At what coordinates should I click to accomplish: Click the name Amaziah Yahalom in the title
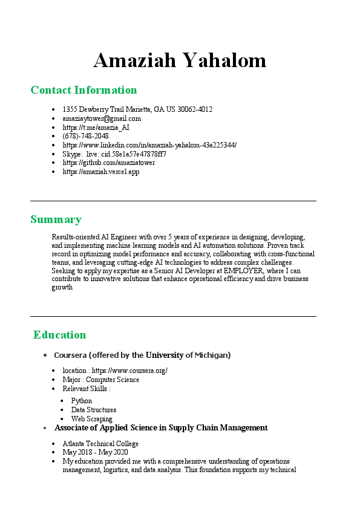click(x=180, y=60)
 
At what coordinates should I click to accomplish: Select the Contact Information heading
click(x=83, y=90)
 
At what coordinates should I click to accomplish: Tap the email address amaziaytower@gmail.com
click(x=102, y=118)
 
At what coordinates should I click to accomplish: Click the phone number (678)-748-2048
click(x=85, y=136)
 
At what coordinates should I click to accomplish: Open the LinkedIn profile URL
click(x=149, y=145)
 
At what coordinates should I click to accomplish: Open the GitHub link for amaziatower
click(x=109, y=163)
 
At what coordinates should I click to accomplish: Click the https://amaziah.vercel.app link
click(x=101, y=172)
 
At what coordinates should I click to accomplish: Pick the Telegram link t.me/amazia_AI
click(x=96, y=128)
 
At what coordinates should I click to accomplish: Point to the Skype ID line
click(x=114, y=154)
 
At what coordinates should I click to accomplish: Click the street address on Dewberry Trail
click(x=137, y=109)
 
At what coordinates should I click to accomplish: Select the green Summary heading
click(x=56, y=219)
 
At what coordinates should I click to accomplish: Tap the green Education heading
click(x=60, y=335)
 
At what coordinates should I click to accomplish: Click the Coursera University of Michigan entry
click(x=142, y=355)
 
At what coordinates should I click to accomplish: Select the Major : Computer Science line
click(x=100, y=380)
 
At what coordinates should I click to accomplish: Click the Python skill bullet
click(x=82, y=401)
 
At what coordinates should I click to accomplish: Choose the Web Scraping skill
click(x=91, y=418)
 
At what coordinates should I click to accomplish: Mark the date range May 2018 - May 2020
click(x=95, y=452)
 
